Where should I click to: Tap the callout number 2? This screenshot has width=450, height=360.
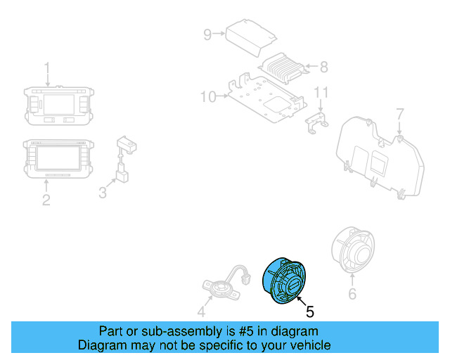pos(46,200)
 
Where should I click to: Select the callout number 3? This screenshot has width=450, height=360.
pos(103,191)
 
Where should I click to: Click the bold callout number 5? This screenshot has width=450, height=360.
pos(309,310)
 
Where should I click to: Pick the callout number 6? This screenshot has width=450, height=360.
pos(352,295)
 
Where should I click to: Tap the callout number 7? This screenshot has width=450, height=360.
pos(399,114)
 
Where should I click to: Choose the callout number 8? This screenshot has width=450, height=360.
pos(323,67)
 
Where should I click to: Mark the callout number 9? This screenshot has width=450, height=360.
pos(207,34)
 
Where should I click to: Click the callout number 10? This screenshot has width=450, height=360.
pos(208,96)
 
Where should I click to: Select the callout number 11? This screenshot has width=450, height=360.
pos(321,93)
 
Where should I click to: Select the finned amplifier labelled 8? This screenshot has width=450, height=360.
pos(283,67)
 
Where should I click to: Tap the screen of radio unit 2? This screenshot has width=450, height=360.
pos(57,156)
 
